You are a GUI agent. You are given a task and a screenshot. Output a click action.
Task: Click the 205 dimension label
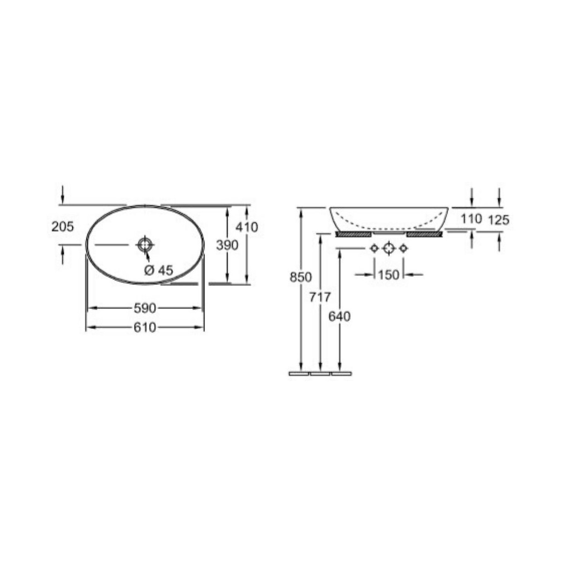point(63,227)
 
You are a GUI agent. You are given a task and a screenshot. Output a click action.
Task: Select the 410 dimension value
point(247,227)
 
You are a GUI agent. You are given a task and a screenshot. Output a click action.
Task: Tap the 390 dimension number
point(227,245)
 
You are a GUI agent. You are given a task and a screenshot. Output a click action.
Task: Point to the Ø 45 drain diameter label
point(159,270)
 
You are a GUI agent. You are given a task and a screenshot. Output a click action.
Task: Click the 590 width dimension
point(145,308)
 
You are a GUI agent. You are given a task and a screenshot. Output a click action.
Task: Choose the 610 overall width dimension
point(145,328)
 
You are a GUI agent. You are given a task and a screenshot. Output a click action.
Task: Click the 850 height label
point(301,277)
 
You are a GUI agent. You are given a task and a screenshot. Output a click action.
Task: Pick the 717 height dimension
point(320,297)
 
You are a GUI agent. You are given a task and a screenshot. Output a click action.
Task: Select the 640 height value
point(339,316)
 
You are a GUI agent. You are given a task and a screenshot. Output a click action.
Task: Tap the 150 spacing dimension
point(388,274)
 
